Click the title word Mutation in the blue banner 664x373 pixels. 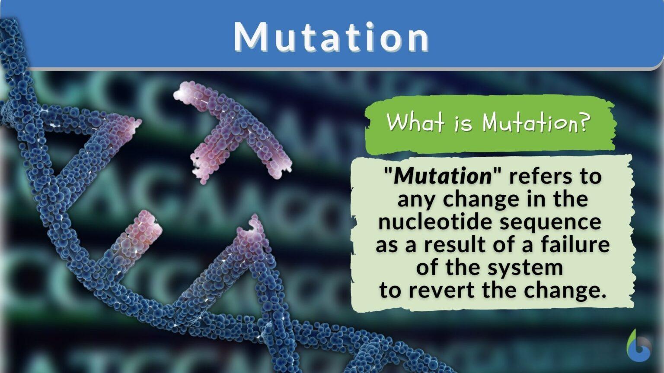click(332, 38)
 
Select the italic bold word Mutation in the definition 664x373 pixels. click(443, 177)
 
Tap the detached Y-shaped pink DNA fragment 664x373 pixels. click(234, 130)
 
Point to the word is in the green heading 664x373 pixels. click(463, 123)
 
